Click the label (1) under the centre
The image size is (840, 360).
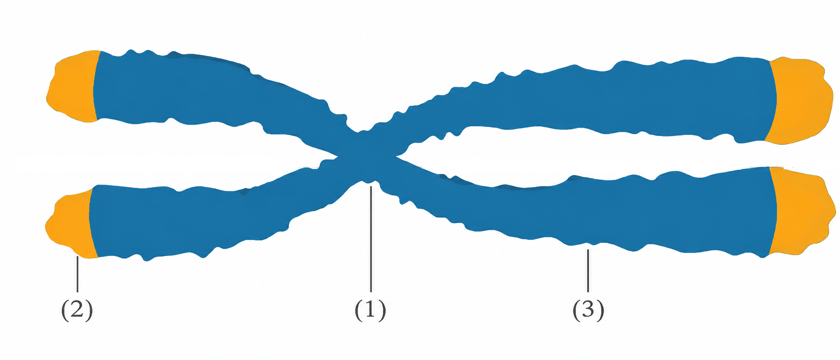click(x=370, y=310)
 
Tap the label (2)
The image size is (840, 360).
click(x=77, y=310)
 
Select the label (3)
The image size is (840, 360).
click(x=588, y=310)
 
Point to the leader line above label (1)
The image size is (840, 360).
click(x=371, y=239)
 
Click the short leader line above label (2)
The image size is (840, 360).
click(x=78, y=274)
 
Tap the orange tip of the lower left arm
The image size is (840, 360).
click(x=70, y=225)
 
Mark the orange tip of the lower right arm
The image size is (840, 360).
click(x=801, y=212)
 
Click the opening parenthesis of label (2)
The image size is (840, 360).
click(x=64, y=310)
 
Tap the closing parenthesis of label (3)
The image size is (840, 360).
click(x=601, y=310)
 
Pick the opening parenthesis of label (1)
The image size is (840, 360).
click(x=358, y=310)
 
